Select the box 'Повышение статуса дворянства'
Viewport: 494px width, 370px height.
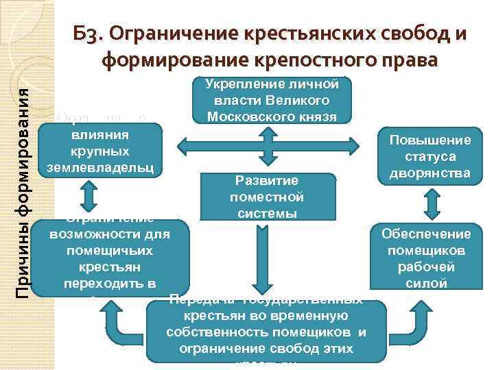(x=431, y=156)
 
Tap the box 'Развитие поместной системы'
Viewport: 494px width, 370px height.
(x=267, y=197)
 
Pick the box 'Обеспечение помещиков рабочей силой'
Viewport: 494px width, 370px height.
(x=431, y=258)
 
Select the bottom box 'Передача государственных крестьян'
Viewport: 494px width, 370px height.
(x=266, y=331)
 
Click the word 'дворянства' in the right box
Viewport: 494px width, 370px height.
(x=431, y=173)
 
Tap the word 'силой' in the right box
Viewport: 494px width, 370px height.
(x=431, y=283)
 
